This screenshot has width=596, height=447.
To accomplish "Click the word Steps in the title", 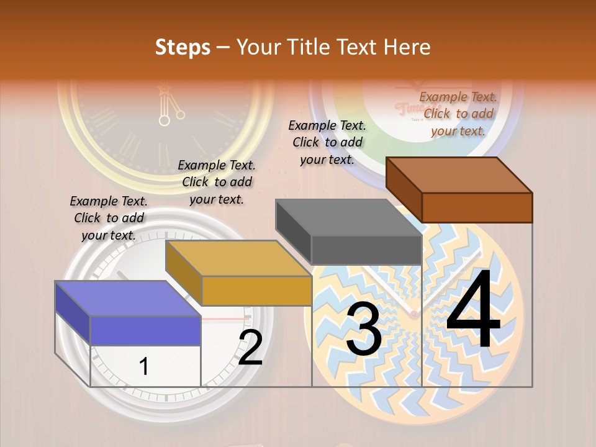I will tap(183, 47).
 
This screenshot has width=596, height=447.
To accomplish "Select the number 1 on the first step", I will tap(144, 366).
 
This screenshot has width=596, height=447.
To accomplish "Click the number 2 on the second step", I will tap(250, 348).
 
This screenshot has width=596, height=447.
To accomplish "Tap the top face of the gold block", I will tap(238, 258).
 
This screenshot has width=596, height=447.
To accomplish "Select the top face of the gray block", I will tap(348, 217).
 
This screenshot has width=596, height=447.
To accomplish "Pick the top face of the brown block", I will tap(459, 174).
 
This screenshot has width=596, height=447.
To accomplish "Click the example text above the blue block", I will tap(109, 218).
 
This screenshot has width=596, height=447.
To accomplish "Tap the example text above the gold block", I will tap(217, 182).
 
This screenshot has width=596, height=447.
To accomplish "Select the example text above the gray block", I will tap(327, 142).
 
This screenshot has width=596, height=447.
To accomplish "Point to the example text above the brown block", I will tap(458, 114).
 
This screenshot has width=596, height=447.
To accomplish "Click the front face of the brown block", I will tap(477, 207).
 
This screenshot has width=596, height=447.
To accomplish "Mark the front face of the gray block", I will tap(366, 250).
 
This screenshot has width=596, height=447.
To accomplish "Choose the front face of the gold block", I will tap(256, 291).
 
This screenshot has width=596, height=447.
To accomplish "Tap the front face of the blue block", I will tap(145, 330).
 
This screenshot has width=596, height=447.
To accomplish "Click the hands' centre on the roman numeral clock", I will tap(164, 120).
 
